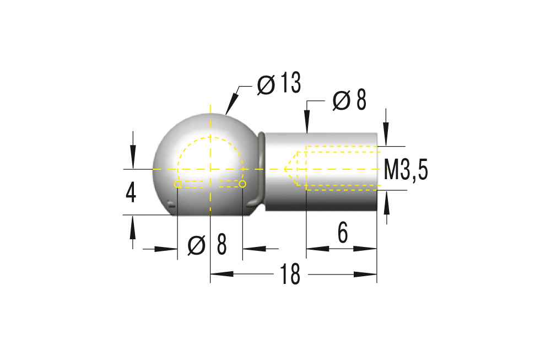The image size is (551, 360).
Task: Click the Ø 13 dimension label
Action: [x=279, y=84]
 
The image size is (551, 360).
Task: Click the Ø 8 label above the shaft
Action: [x=350, y=101]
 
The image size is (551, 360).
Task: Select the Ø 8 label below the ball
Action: [x=207, y=245]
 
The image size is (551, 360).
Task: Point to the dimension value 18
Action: [x=290, y=275]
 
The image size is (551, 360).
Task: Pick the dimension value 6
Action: [x=343, y=234]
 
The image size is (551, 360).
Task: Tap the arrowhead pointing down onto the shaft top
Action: [x=306, y=123]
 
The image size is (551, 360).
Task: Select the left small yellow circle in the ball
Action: [x=177, y=184]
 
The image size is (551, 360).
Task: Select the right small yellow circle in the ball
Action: [x=242, y=184]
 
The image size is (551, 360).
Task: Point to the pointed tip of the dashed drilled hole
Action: [x=285, y=168]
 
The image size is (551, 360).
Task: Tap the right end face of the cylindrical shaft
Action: [x=377, y=171]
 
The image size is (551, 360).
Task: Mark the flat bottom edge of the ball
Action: [x=210, y=216]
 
